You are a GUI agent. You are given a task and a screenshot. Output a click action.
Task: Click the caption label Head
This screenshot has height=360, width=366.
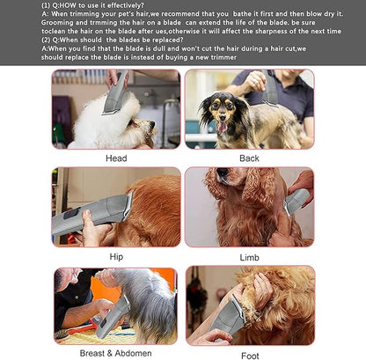pyautogui.click(x=116, y=158)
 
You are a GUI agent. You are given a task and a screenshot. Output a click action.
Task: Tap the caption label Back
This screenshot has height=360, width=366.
pyautogui.click(x=249, y=158)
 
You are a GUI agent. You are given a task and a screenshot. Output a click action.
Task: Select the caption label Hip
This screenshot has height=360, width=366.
pyautogui.click(x=116, y=257)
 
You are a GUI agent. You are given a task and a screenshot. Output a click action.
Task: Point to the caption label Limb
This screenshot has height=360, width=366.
pyautogui.click(x=249, y=257)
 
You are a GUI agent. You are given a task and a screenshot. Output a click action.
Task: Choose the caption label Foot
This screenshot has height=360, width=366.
pyautogui.click(x=249, y=355)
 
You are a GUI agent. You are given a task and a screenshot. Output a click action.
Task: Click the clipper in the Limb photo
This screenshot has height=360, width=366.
pyautogui.click(x=295, y=202)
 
